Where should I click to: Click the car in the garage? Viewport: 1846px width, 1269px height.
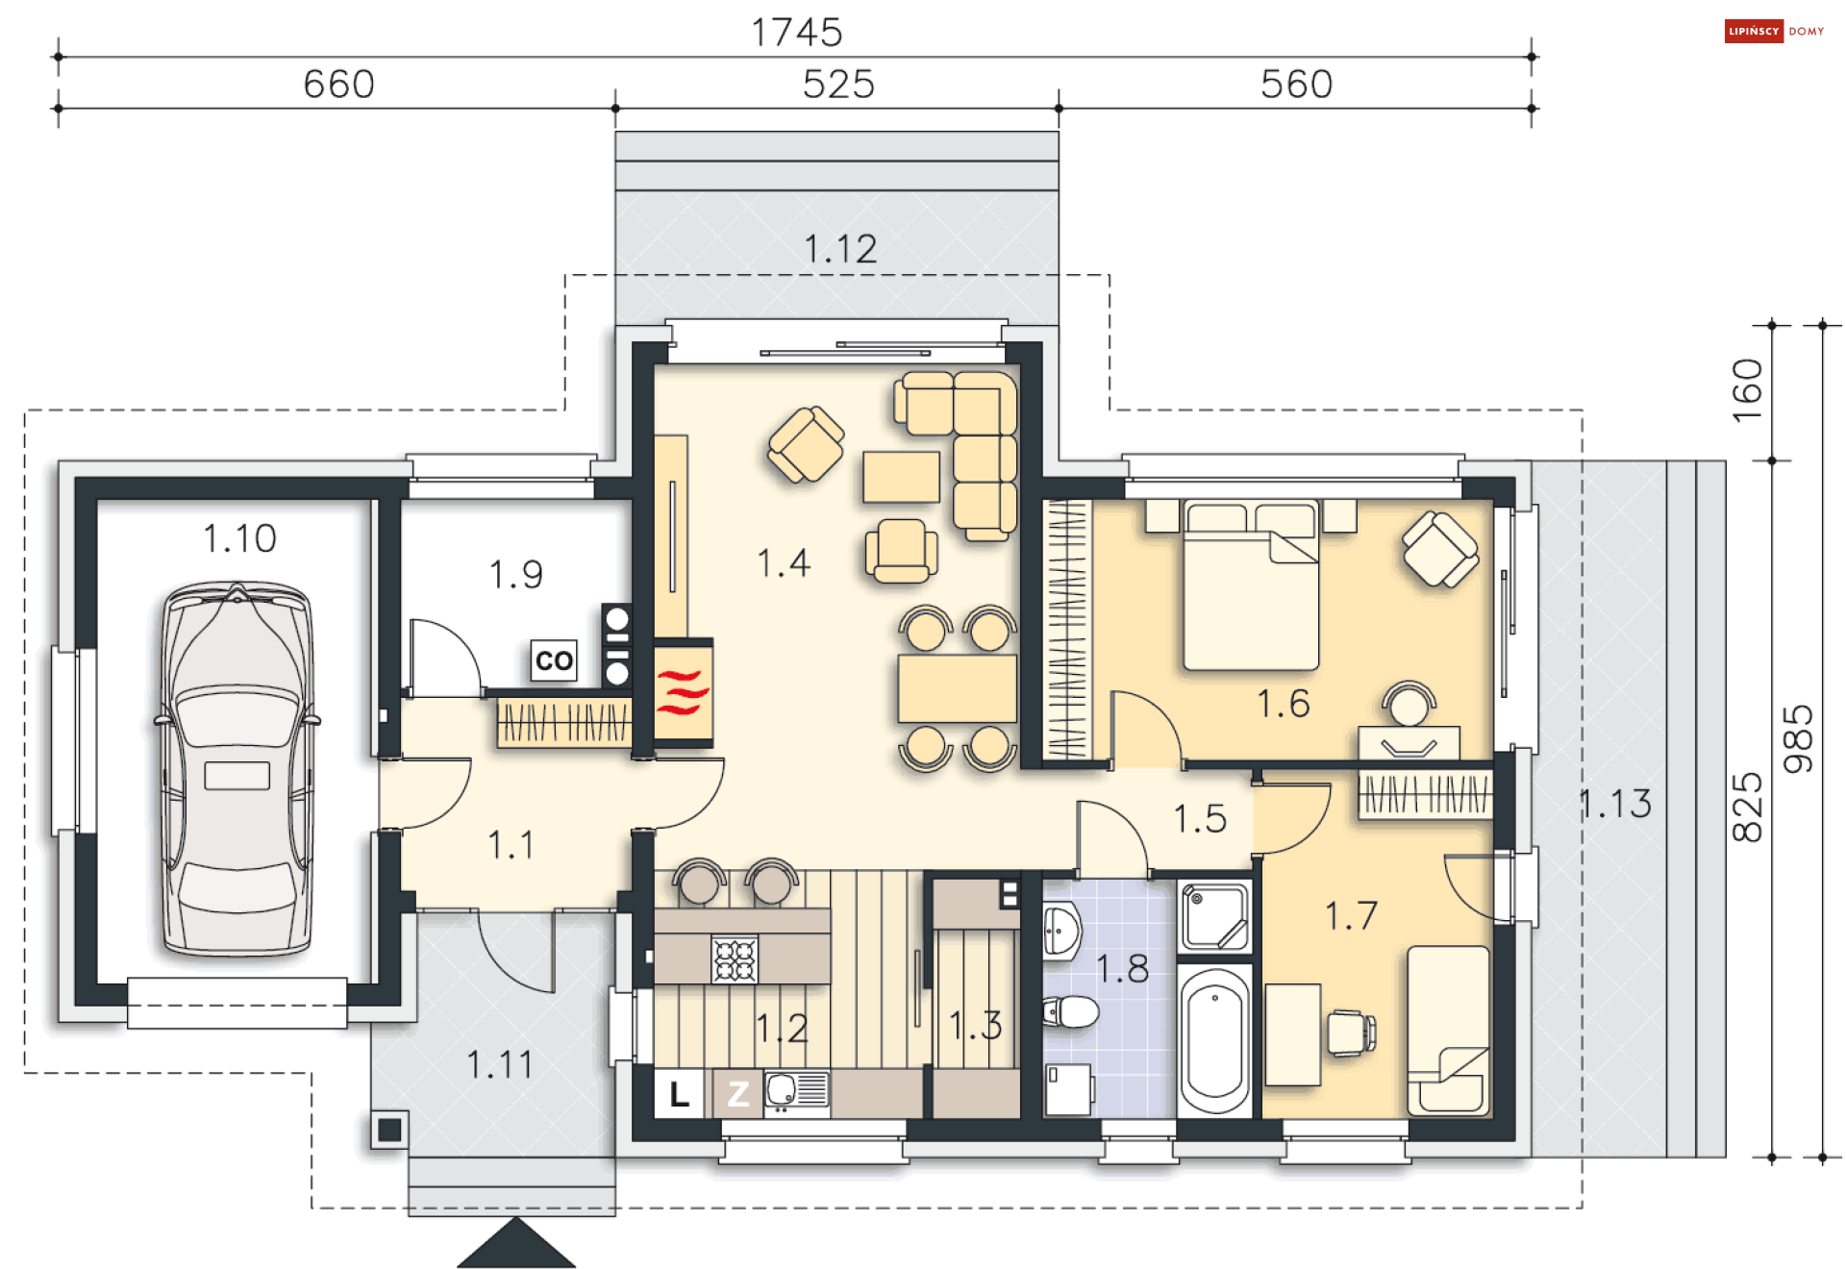point(237,769)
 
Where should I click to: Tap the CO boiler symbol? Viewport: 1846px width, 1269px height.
point(554,660)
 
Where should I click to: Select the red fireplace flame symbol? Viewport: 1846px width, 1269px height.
point(683,692)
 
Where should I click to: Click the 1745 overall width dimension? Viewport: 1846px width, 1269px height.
point(796,33)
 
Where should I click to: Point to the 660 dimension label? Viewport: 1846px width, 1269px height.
point(338,85)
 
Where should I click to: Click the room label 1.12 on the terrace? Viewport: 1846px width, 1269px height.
point(840,250)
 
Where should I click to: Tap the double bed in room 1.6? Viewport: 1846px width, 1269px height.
point(1251,585)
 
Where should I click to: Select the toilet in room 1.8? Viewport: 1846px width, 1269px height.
point(1070,1011)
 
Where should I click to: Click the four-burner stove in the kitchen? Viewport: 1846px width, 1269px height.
point(735,959)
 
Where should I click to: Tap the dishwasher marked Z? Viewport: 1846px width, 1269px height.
point(737,1094)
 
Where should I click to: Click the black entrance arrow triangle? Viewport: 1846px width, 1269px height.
point(516,1246)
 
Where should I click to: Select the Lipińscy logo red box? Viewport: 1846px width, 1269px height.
point(1754,32)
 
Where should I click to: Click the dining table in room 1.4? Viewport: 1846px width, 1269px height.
point(958,688)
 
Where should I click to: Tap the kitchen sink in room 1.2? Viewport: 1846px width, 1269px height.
point(797,1090)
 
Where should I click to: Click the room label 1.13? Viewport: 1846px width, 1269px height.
point(1616,805)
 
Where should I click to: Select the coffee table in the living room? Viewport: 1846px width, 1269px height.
point(901,477)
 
